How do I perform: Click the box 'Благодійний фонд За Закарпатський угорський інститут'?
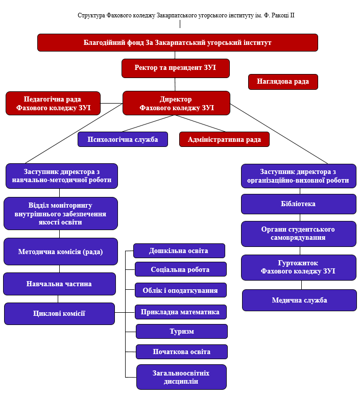coord(177,42)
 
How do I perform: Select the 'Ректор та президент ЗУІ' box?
coord(175,68)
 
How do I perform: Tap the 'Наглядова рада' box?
coord(282,82)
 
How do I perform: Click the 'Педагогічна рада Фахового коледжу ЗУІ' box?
coord(53,104)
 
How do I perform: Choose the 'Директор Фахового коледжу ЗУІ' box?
coord(176,104)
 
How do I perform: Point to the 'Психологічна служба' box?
coord(123,139)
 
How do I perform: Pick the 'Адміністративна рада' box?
coord(224,139)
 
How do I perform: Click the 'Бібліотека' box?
coord(298,204)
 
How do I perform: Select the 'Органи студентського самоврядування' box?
coord(298,234)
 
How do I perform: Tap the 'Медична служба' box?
coord(299,300)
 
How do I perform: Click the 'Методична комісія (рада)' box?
coord(60,252)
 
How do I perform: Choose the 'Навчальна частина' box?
coord(59,284)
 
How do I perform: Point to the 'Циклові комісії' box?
coord(59,313)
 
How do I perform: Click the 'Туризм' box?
coord(181,331)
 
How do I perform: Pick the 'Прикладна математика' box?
coord(181,312)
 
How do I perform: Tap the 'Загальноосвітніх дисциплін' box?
coord(181,377)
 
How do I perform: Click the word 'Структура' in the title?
coord(91,16)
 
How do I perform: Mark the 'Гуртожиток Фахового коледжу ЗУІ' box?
coord(298,267)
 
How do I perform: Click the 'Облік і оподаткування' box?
coord(180,290)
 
